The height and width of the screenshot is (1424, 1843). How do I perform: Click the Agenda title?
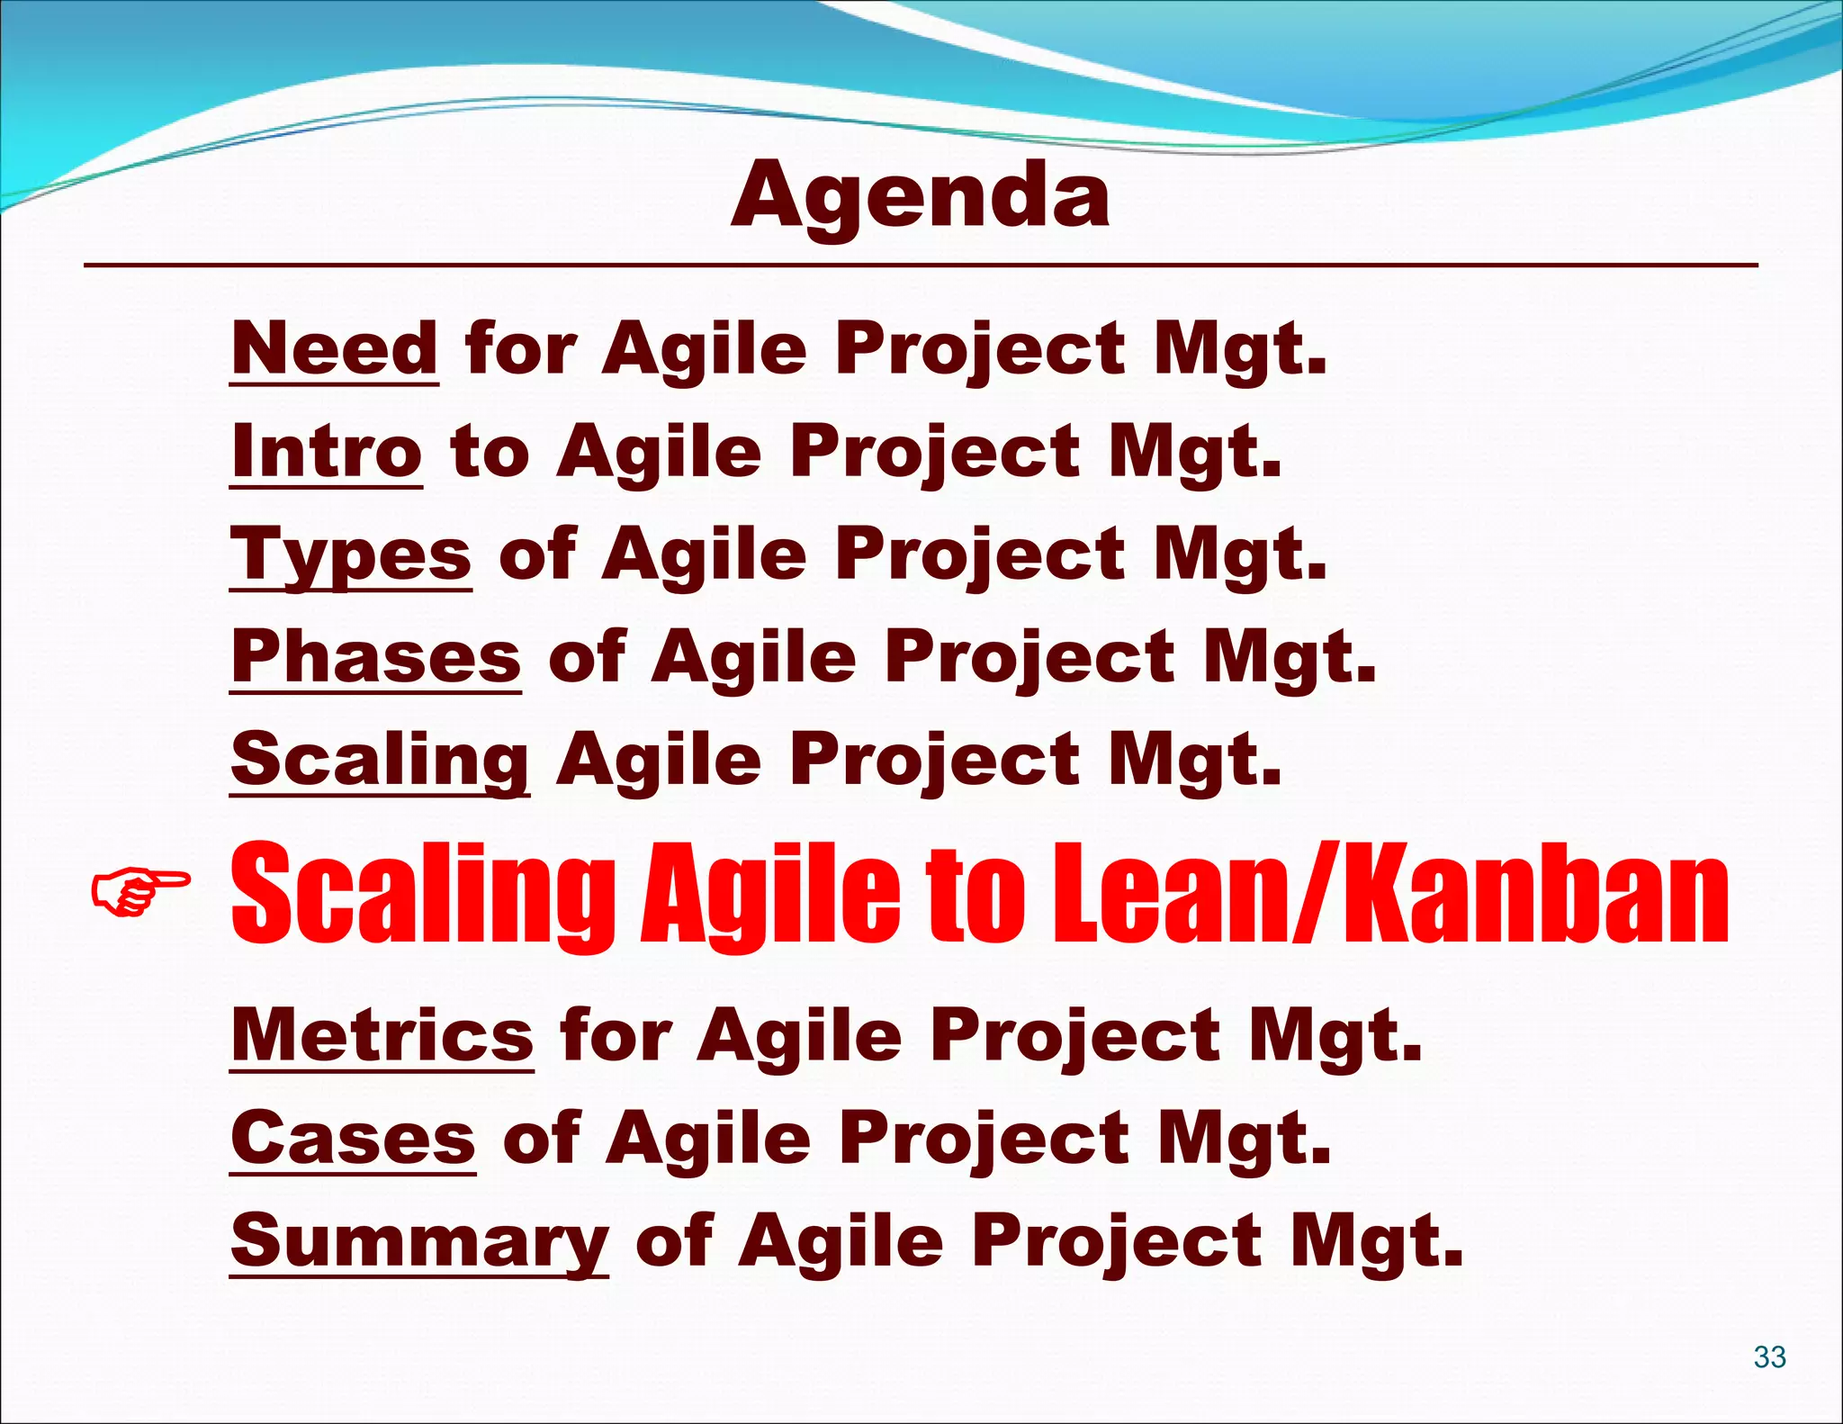[920, 196]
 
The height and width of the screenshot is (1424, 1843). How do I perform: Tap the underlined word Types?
[351, 554]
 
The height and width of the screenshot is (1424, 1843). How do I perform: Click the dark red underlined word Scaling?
[379, 760]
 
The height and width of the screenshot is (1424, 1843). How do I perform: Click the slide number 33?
[1769, 1356]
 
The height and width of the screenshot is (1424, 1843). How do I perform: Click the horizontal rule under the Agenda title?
[920, 266]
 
